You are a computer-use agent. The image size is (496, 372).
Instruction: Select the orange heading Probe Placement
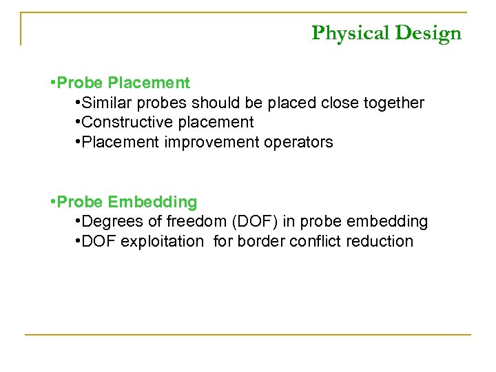point(124,83)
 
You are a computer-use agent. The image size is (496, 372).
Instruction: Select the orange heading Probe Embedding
point(127,202)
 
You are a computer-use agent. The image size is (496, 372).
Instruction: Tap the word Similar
point(106,103)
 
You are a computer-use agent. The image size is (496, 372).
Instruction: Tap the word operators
point(299,143)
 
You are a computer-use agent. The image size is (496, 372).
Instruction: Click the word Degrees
point(109,222)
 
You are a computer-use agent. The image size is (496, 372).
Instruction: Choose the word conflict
point(315,242)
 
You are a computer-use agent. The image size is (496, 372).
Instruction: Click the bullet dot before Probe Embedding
point(53,202)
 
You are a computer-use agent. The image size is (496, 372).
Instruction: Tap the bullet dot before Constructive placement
point(76,123)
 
